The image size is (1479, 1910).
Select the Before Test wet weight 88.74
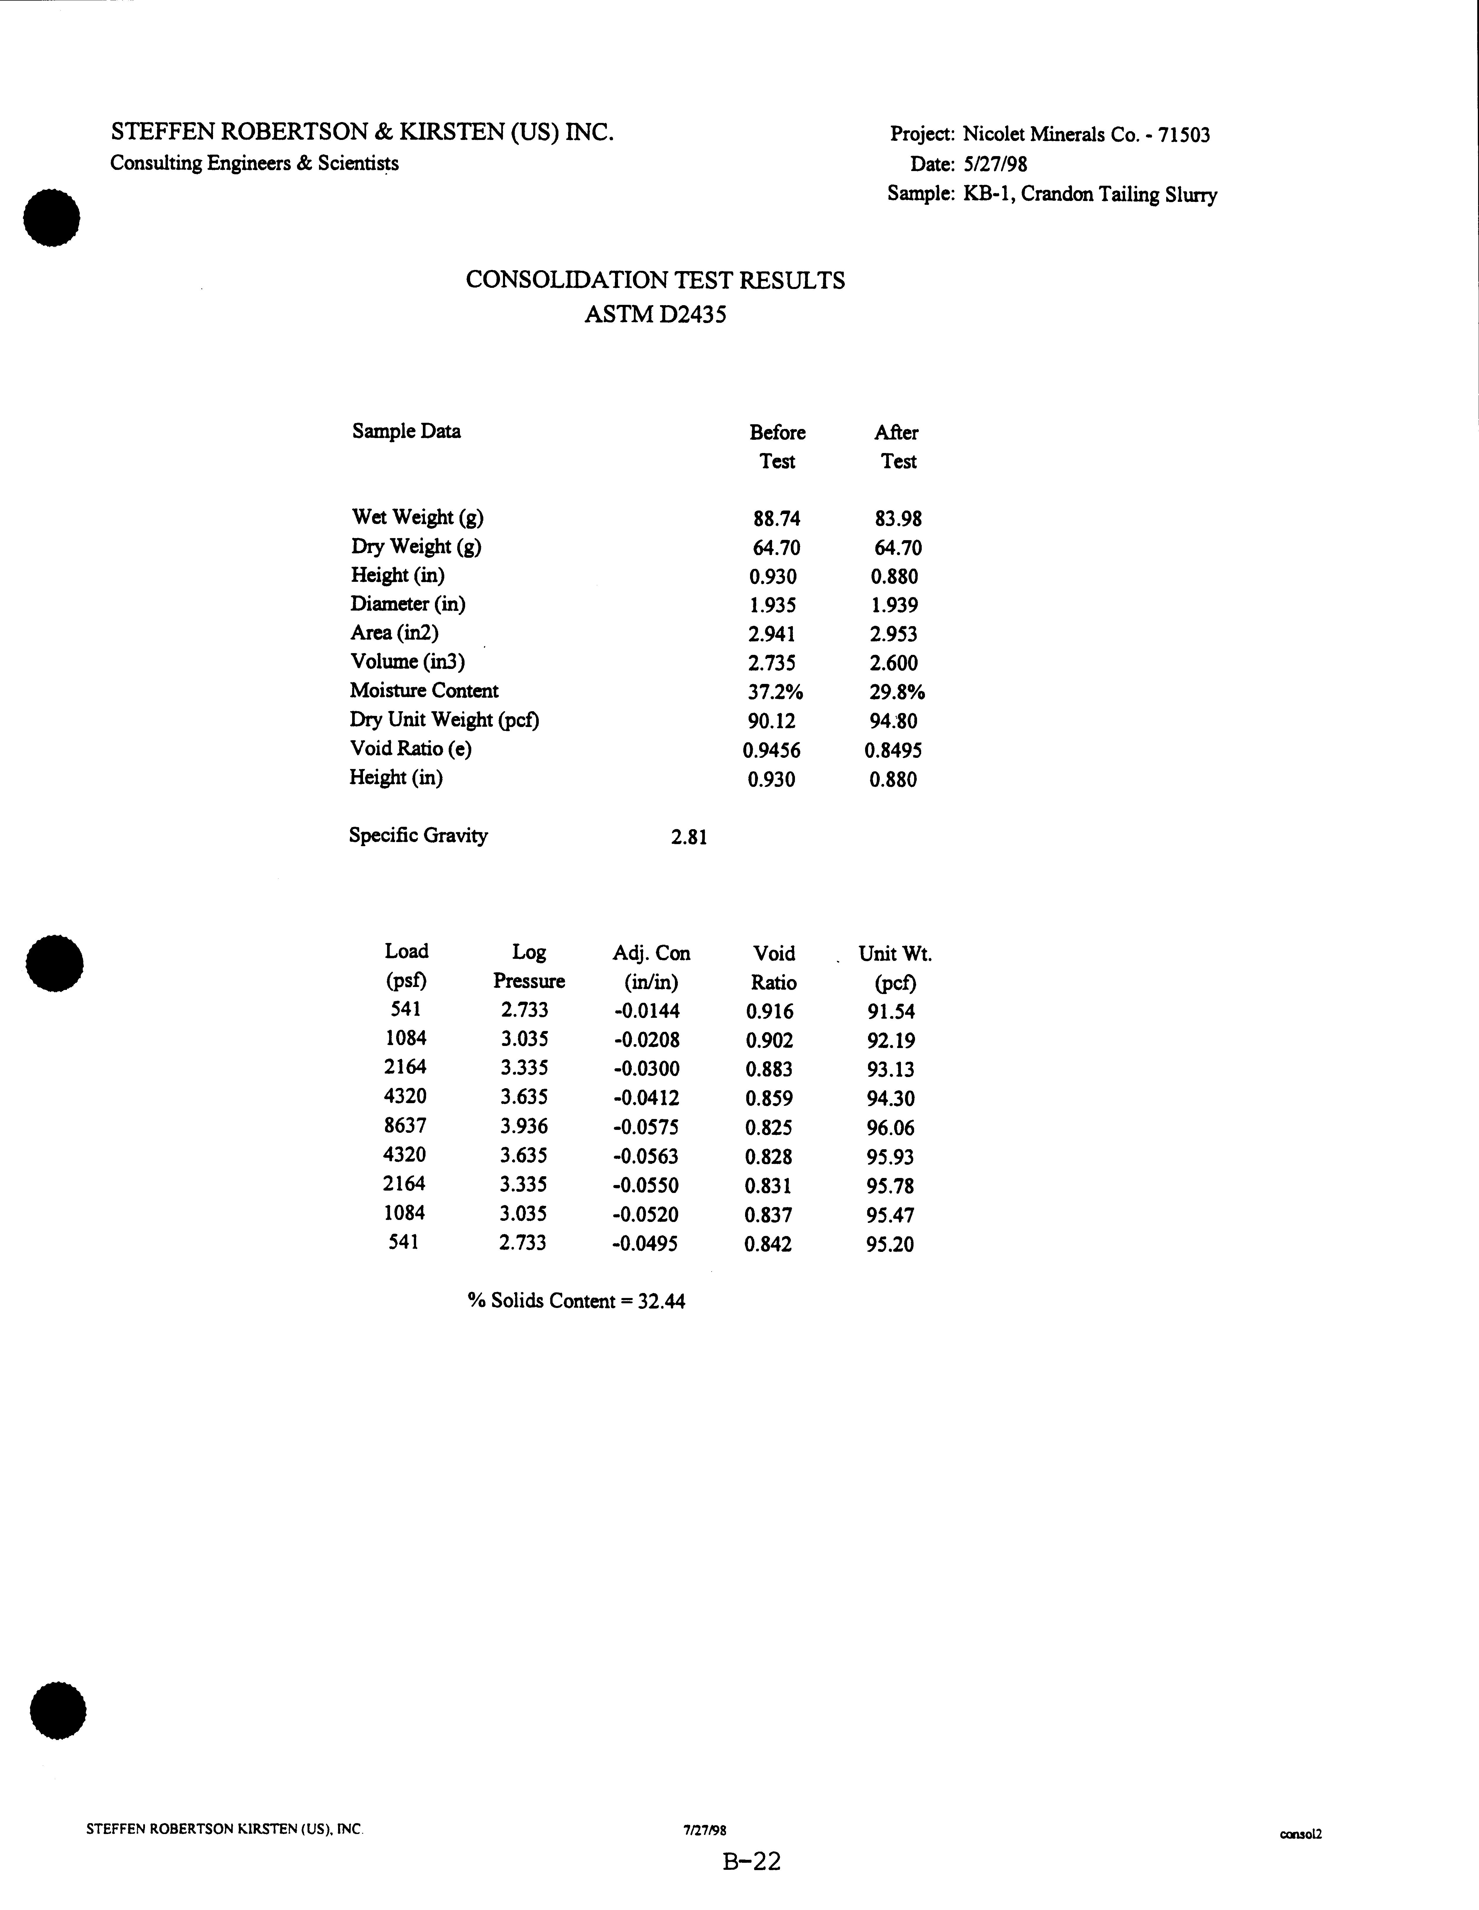pyautogui.click(x=777, y=519)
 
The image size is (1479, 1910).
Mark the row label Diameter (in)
pyautogui.click(x=408, y=604)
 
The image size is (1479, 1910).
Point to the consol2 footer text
pyautogui.click(x=1300, y=1834)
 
